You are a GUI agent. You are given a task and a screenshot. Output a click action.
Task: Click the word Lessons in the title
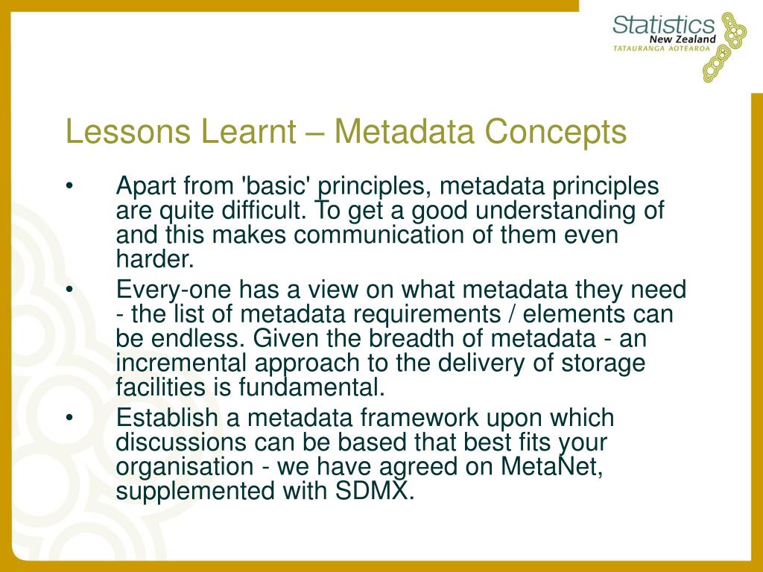tap(128, 131)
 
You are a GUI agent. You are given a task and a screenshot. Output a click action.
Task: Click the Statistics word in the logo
tap(664, 25)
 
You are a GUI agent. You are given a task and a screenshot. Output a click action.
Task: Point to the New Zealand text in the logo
tap(683, 39)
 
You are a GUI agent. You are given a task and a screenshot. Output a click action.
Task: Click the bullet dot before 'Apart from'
tap(69, 185)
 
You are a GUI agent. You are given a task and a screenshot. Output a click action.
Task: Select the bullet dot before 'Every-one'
tap(69, 290)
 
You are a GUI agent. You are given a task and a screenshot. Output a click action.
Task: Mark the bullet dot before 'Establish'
tap(69, 418)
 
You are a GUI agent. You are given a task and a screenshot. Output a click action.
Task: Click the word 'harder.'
tap(155, 258)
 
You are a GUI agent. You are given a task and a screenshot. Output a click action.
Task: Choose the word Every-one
tap(173, 290)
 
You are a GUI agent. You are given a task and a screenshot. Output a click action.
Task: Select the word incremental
tap(181, 363)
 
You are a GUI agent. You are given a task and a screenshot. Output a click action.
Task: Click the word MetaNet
tap(552, 466)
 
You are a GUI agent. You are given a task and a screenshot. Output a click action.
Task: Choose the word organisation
tap(185, 467)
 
